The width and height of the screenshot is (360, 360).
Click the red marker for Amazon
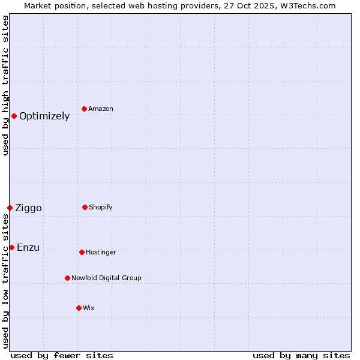(85, 109)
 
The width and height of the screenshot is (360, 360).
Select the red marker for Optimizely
(14, 116)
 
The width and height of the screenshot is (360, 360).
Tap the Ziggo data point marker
(10, 208)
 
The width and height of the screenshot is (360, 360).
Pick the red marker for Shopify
(85, 207)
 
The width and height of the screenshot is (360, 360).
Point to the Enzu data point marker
(11, 247)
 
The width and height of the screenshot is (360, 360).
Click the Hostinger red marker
(82, 252)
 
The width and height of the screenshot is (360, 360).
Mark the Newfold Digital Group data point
(67, 278)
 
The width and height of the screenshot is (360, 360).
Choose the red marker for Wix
(79, 308)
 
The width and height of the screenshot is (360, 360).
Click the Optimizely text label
(44, 116)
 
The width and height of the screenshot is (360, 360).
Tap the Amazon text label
(101, 109)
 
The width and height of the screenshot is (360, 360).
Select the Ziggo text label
(28, 208)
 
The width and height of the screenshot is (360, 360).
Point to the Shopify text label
(101, 208)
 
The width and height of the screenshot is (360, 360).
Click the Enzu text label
(28, 248)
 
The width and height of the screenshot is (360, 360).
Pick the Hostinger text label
(101, 253)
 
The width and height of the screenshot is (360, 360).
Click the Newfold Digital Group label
(106, 278)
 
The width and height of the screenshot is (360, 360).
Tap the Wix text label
(89, 308)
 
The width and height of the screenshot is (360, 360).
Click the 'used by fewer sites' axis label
(62, 355)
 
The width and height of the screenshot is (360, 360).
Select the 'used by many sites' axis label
(301, 355)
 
